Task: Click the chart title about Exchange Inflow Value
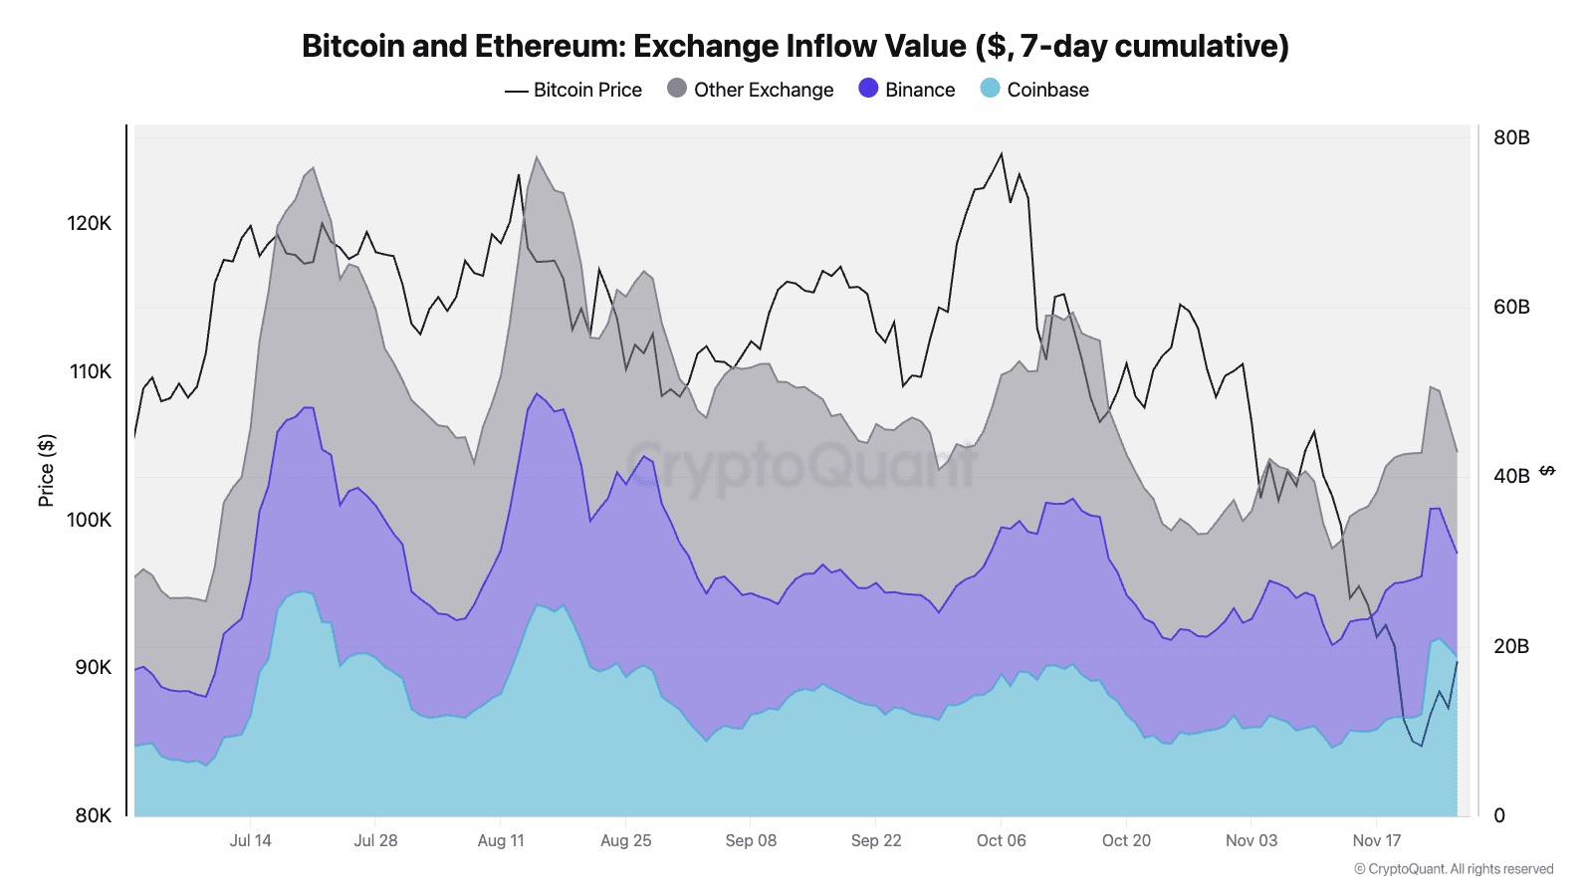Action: (x=795, y=46)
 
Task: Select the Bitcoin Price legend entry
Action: (x=573, y=90)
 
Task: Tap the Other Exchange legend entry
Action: (x=751, y=90)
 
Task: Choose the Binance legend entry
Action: (x=907, y=90)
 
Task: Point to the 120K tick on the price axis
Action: (x=90, y=223)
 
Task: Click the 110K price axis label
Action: (x=90, y=371)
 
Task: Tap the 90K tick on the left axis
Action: (x=93, y=667)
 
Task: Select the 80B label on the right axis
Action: (x=1511, y=137)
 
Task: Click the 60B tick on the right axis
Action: (x=1511, y=307)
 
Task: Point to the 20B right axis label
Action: (x=1511, y=646)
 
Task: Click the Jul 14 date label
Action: (x=250, y=840)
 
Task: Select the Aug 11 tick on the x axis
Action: (x=501, y=840)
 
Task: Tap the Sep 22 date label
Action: (x=876, y=840)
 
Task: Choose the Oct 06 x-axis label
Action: (x=1001, y=840)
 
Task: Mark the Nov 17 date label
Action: (x=1376, y=840)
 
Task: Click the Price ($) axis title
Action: (x=46, y=470)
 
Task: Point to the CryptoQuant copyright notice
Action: (x=1454, y=869)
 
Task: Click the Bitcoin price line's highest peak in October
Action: (x=1002, y=153)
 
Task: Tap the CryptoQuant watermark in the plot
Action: (x=802, y=465)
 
